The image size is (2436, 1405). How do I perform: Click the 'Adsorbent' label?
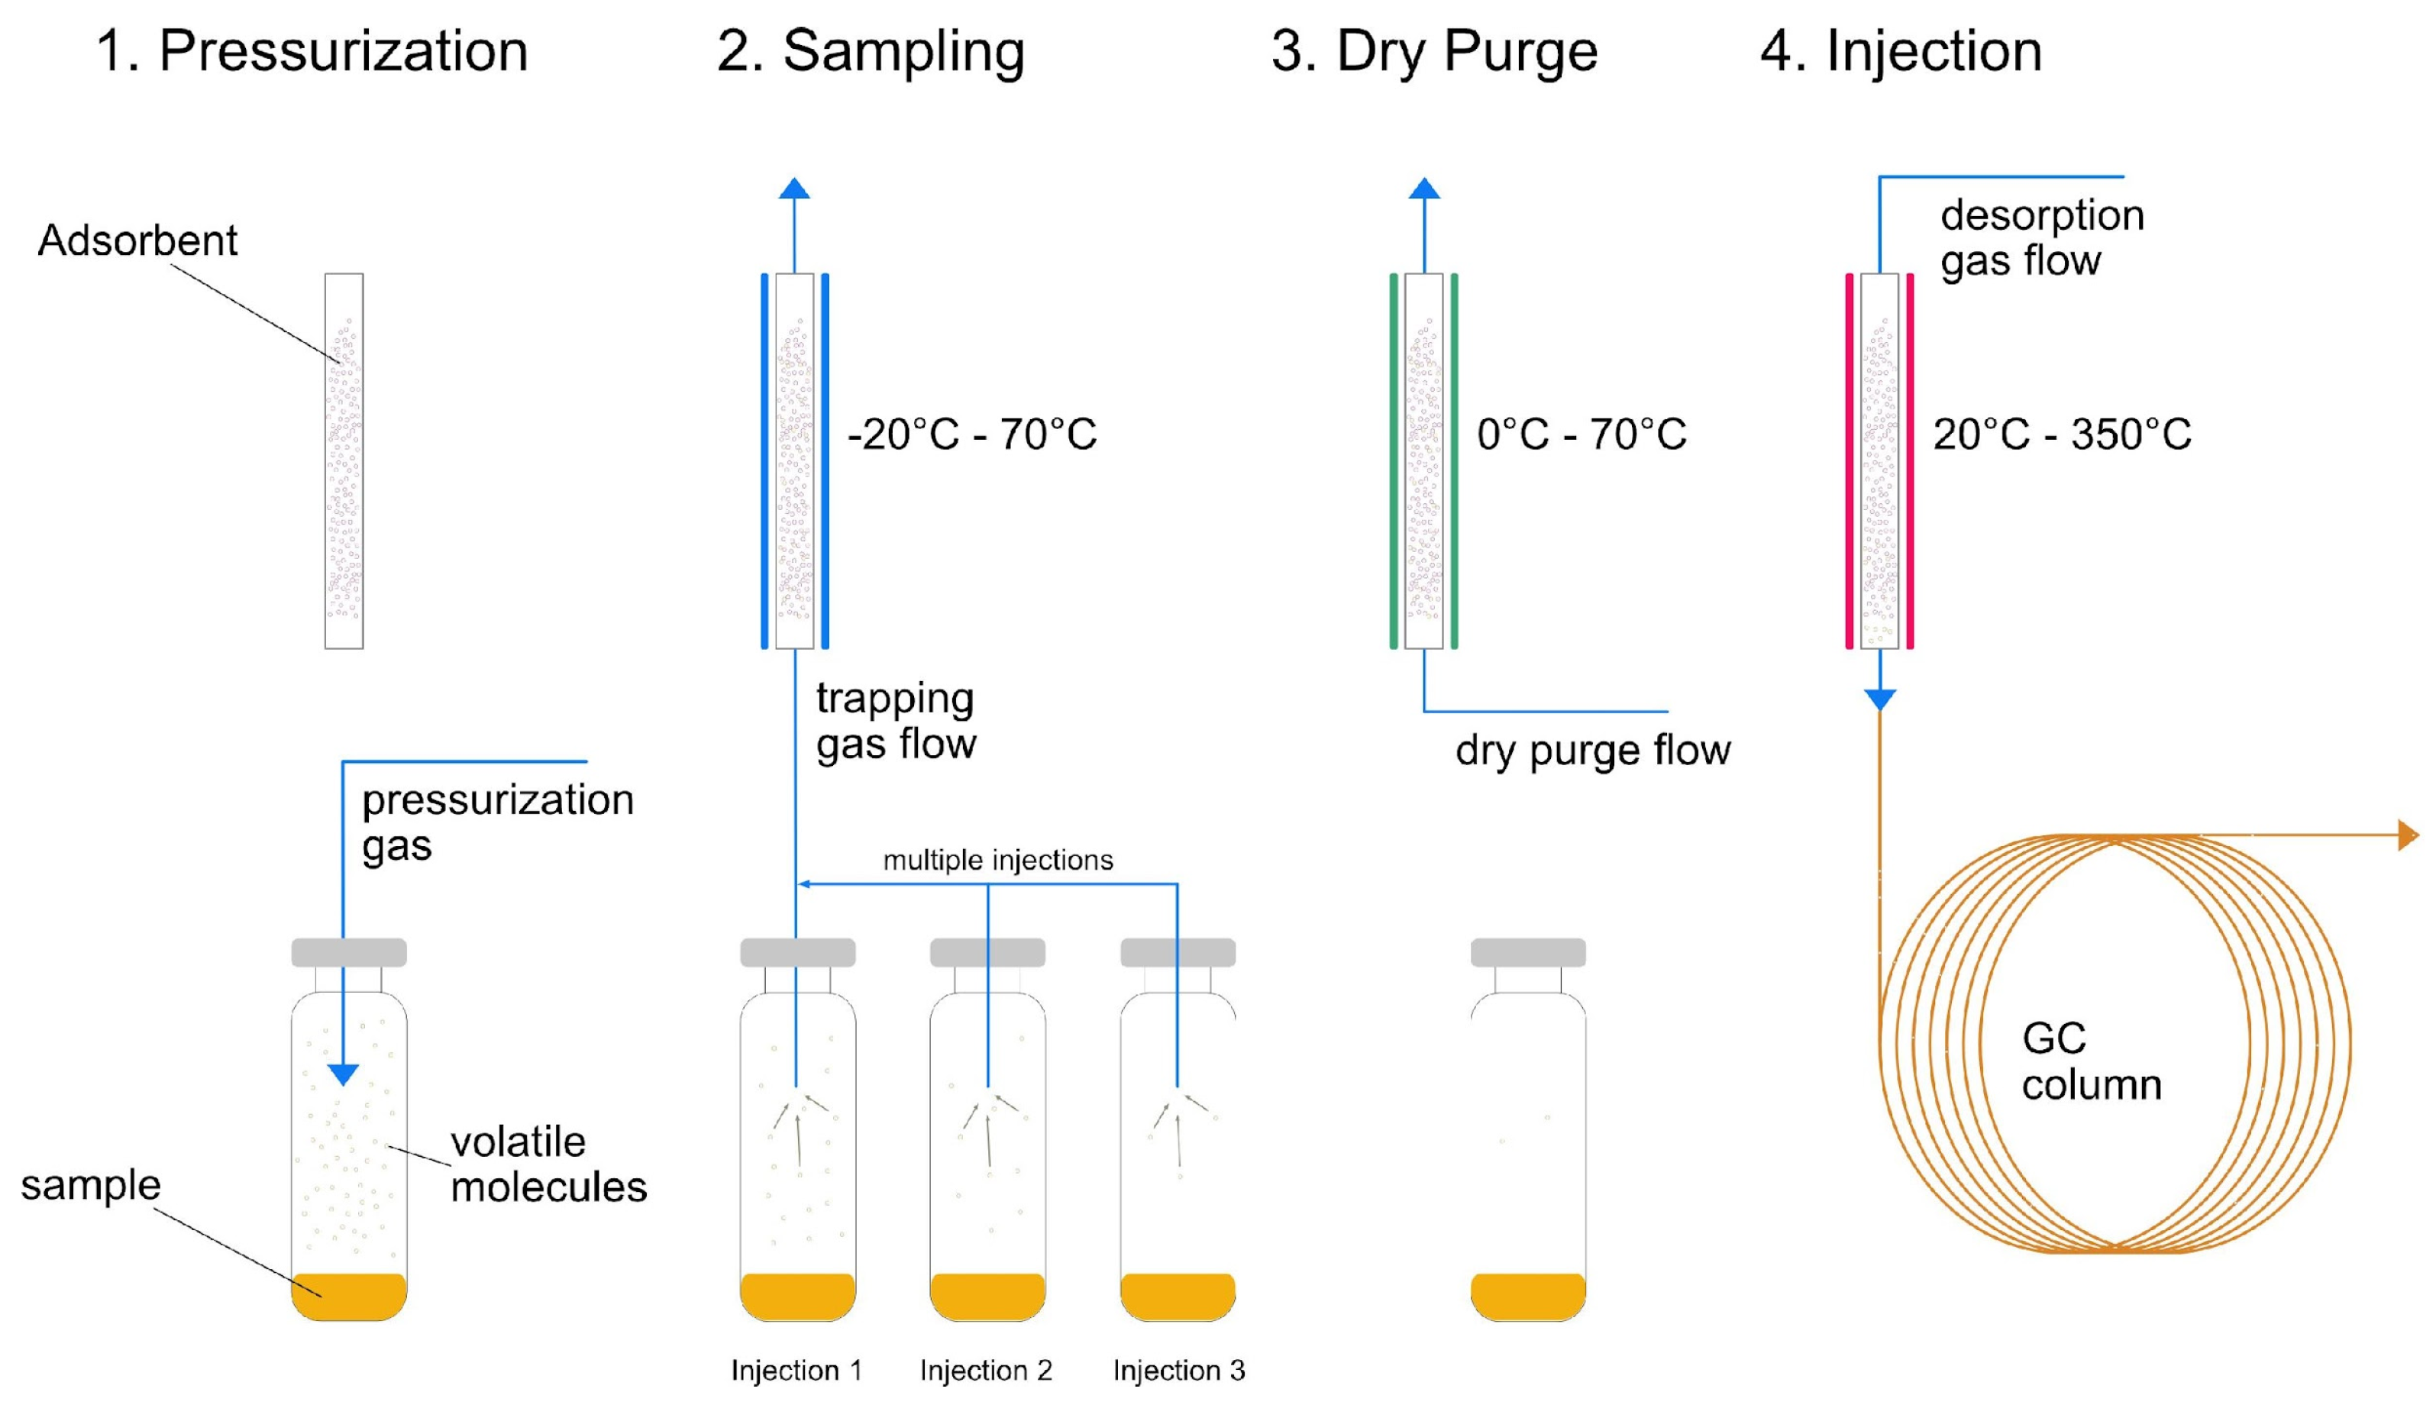coord(137,241)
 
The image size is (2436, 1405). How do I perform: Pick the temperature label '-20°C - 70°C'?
coord(971,434)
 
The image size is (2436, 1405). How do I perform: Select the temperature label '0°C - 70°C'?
coord(1581,434)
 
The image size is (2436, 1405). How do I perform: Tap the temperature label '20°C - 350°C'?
coord(2062,434)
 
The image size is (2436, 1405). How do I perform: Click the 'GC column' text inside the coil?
coord(2091,1061)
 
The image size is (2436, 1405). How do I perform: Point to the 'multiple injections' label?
coord(997,860)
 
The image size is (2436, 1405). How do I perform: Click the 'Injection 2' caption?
coord(985,1371)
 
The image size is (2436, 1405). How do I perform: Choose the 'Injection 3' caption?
coord(1178,1371)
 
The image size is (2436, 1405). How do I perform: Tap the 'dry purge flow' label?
coord(1593,751)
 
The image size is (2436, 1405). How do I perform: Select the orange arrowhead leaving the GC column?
coord(2408,835)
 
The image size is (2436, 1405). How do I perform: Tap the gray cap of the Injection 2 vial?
coord(987,952)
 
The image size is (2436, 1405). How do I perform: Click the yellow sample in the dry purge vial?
coord(1527,1296)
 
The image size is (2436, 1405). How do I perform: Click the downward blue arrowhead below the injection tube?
coord(1879,699)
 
